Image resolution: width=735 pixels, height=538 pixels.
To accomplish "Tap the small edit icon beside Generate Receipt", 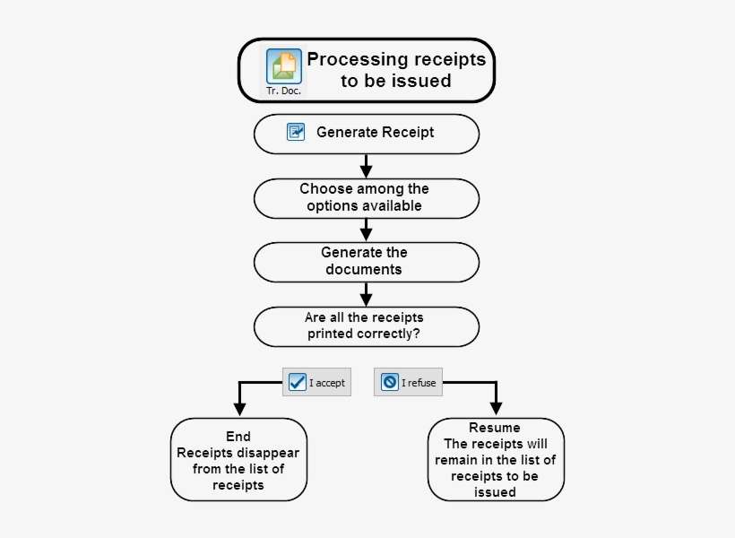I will click(296, 133).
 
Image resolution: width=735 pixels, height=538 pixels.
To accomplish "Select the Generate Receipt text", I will click(375, 133).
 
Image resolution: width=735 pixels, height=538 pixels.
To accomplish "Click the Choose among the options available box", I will click(366, 197).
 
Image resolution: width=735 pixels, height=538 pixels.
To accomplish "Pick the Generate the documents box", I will click(366, 262).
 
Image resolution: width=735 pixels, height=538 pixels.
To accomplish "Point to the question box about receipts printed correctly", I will click(366, 326).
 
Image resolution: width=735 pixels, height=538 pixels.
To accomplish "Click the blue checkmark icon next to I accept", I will click(298, 382).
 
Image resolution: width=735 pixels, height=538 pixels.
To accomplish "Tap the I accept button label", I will click(327, 383).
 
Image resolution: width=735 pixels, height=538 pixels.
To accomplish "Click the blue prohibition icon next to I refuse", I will click(390, 382).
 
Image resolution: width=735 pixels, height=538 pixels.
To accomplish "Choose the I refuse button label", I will click(419, 383).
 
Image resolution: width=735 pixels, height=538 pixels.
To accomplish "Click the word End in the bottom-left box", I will click(238, 437).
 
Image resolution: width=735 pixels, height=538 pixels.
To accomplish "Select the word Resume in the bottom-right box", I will click(495, 428).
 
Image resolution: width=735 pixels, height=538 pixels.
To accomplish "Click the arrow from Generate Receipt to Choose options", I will click(366, 167).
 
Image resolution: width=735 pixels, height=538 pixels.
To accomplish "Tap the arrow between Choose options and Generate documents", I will click(366, 231).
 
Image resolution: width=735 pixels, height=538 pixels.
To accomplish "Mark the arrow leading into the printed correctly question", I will click(366, 296).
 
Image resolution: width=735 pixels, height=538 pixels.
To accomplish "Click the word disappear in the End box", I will click(269, 453).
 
